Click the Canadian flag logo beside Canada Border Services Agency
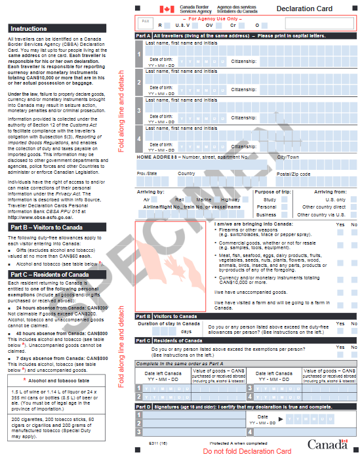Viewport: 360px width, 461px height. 167,9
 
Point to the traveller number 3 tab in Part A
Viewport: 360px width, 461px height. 139,110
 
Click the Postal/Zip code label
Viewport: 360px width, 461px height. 292,174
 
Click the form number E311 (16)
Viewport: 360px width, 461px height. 158,445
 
